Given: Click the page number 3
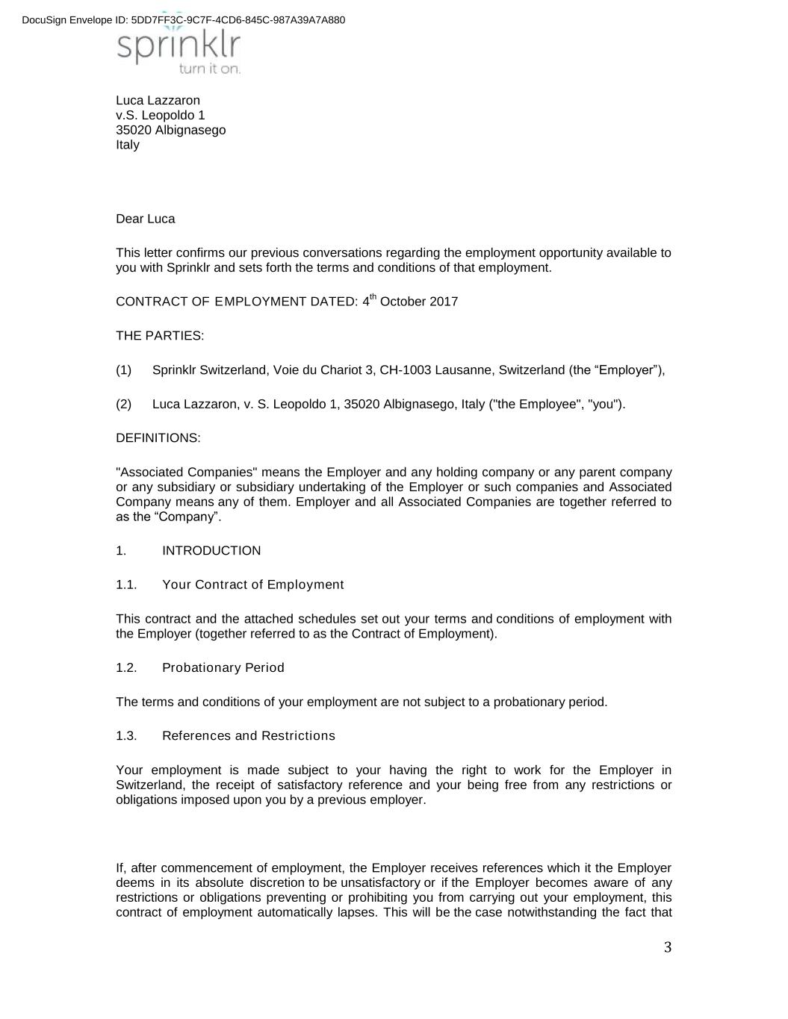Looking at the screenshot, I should (667, 948).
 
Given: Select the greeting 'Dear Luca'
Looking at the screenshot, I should (145, 219).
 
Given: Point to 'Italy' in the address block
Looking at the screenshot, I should (128, 145).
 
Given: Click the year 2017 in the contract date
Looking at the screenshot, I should (444, 302).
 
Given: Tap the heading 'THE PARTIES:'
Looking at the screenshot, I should (160, 336).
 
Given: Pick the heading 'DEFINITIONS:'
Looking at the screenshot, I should (158, 438).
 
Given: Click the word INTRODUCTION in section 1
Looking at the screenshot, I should (211, 551).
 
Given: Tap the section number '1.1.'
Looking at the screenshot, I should (126, 585).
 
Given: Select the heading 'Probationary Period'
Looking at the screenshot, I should (223, 667).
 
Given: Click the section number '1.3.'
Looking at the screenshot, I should (126, 736).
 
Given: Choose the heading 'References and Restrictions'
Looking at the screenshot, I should (248, 736).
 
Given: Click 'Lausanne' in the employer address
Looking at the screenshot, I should (462, 370).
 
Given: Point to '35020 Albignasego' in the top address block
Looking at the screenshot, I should (170, 130).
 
